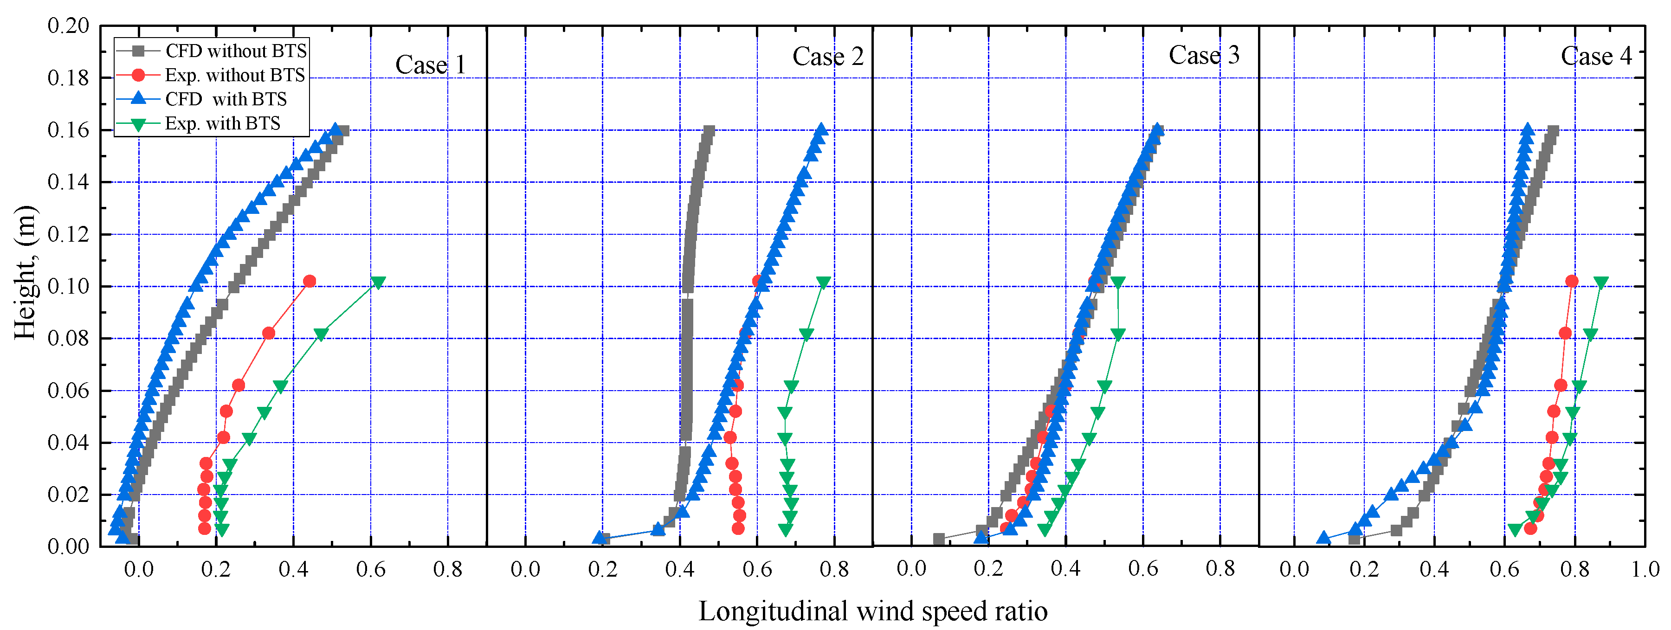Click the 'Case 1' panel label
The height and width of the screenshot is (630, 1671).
coord(430,65)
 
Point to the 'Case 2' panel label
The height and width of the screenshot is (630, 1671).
coord(828,57)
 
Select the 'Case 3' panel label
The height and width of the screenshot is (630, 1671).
coord(1204,55)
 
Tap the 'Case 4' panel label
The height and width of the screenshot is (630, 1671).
coord(1596,57)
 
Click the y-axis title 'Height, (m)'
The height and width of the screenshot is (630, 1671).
coord(25,272)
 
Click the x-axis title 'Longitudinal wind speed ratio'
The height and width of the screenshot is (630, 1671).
coord(872,611)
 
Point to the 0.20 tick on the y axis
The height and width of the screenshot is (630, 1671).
coord(68,26)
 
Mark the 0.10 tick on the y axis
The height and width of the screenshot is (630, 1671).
coord(68,286)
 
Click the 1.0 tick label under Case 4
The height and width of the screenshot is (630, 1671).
coord(1645,570)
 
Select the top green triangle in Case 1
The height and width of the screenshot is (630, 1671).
coord(378,282)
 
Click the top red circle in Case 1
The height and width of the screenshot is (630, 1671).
coord(310,282)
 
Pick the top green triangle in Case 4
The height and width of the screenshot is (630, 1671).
coord(1601,282)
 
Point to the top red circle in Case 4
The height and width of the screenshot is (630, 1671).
coord(1572,282)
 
